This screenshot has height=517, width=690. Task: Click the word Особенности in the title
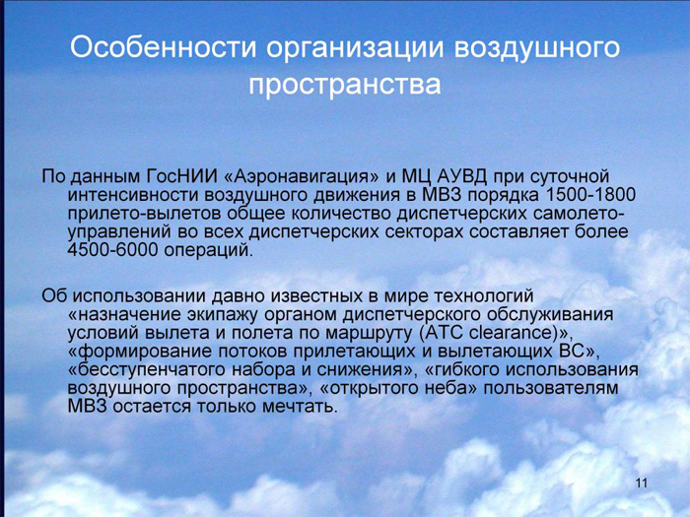pyautogui.click(x=163, y=47)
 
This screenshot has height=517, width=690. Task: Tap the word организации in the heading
pyautogui.click(x=354, y=49)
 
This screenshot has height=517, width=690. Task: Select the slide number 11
pyautogui.click(x=642, y=483)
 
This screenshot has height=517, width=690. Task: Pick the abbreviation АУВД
pyautogui.click(x=462, y=176)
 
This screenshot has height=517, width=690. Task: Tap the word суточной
pyautogui.click(x=571, y=176)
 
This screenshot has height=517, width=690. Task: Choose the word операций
pyautogui.click(x=209, y=250)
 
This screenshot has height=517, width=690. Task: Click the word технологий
pyautogui.click(x=484, y=295)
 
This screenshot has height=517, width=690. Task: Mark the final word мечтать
pyautogui.click(x=300, y=407)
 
